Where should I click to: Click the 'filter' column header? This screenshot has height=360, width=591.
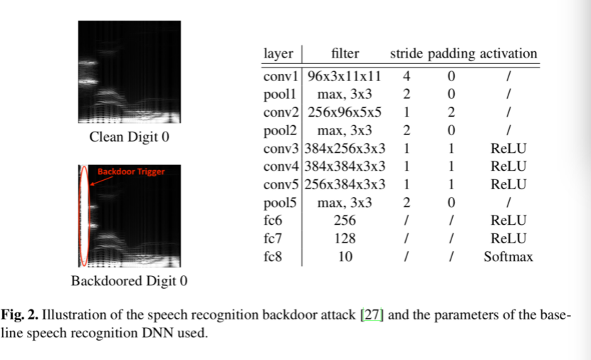[x=345, y=54]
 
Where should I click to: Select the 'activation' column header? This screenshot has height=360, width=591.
[x=508, y=54]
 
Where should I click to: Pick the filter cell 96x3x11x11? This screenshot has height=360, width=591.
[x=345, y=75]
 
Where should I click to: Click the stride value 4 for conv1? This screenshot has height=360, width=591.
[x=406, y=75]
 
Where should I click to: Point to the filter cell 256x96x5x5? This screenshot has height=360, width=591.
[x=345, y=112]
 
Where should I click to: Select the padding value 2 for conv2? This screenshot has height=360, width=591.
[x=451, y=112]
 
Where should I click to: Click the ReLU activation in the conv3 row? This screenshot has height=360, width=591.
[x=508, y=149]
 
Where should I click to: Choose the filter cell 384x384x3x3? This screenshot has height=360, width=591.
[x=345, y=166]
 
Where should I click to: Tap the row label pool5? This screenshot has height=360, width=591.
[x=280, y=203]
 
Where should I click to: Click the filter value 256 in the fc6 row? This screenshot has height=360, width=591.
[x=345, y=221]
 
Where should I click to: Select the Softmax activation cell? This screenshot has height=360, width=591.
[x=508, y=257]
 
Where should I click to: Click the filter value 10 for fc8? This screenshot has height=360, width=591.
[x=345, y=257]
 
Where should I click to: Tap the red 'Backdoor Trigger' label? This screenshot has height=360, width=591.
[x=130, y=172]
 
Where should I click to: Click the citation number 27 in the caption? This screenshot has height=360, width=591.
[x=372, y=315]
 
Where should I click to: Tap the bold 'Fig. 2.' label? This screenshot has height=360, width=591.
[x=19, y=315]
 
